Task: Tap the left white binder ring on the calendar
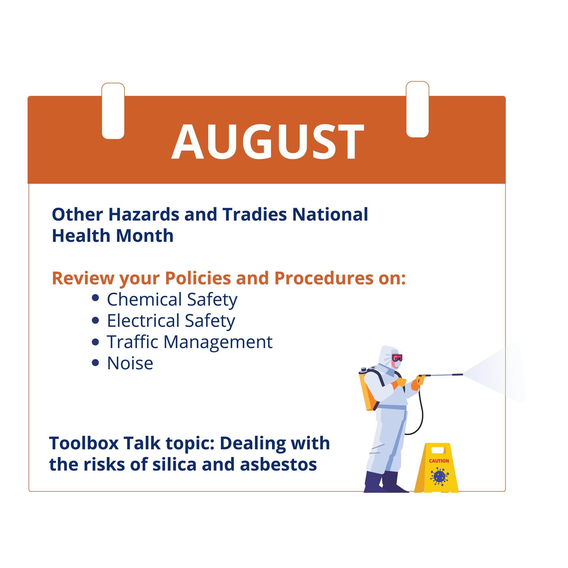click(113, 111)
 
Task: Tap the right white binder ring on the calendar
click(417, 110)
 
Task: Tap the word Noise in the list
click(130, 363)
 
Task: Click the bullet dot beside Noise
click(95, 363)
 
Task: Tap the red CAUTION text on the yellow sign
click(439, 461)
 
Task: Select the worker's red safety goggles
click(397, 358)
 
